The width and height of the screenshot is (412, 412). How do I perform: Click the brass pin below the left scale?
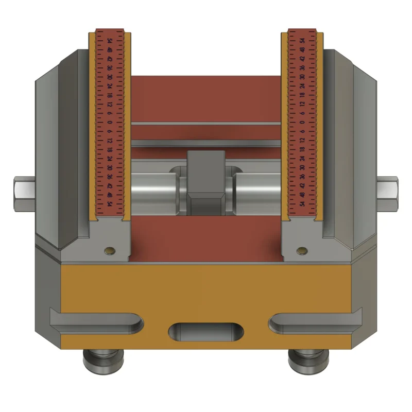[110, 251]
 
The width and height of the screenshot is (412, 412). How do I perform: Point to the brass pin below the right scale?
[301, 251]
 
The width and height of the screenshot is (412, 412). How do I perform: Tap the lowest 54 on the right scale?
[302, 204]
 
